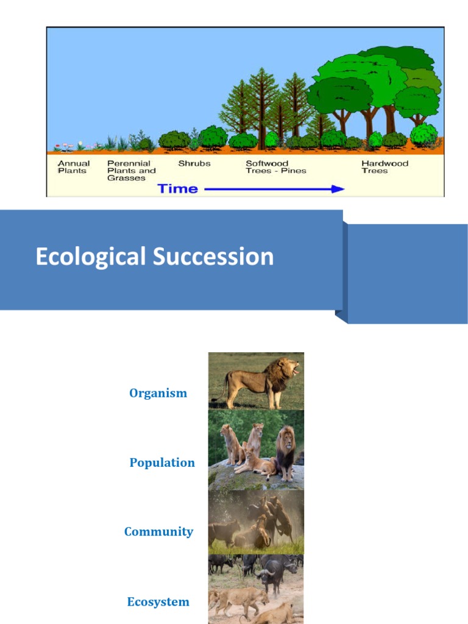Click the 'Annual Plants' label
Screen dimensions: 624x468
click(x=73, y=167)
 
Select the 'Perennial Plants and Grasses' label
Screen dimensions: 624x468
click(x=131, y=171)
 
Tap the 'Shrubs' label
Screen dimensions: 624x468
click(x=194, y=163)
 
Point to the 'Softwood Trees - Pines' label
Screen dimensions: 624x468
click(x=275, y=167)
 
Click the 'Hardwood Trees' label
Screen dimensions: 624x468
click(x=385, y=167)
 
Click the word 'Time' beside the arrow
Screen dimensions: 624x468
click(x=178, y=189)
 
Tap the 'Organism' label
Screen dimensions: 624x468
click(x=158, y=393)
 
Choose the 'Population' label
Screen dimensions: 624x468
click(x=162, y=463)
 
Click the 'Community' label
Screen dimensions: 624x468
click(x=158, y=531)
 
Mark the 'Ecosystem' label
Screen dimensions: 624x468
click(x=158, y=602)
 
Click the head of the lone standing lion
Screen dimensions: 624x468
click(x=288, y=367)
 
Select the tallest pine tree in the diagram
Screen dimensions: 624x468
click(x=263, y=104)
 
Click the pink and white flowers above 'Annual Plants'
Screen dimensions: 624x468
click(x=67, y=146)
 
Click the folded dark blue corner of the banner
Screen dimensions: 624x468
click(x=341, y=316)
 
